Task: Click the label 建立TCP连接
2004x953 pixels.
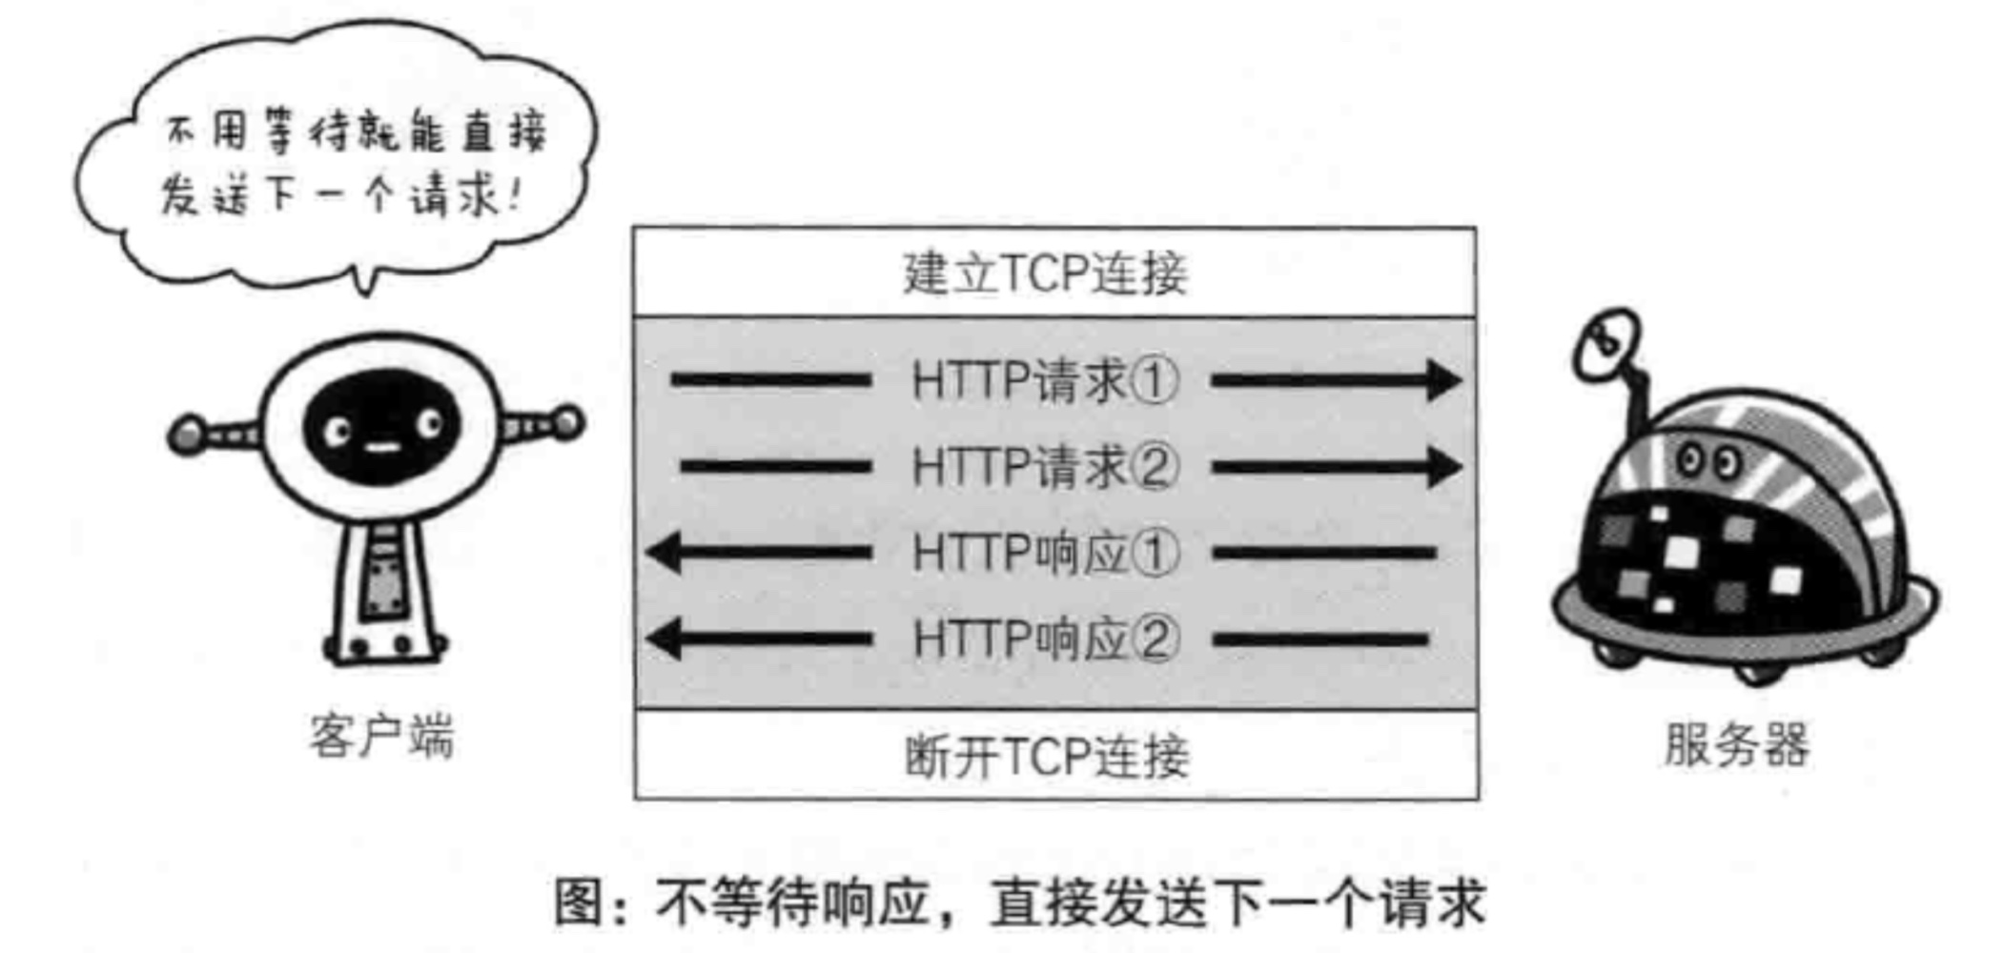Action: (1046, 274)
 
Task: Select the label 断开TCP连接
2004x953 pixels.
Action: (1047, 758)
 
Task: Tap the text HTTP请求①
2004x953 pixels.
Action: (1045, 381)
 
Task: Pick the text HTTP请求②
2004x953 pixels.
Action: (1045, 467)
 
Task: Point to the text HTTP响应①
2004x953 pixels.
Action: (1045, 553)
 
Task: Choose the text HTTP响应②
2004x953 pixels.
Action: (1045, 639)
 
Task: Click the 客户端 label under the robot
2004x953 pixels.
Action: (381, 737)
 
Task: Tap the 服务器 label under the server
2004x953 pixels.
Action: (1736, 745)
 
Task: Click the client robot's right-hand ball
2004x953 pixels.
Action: (569, 421)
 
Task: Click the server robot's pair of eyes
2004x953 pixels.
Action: (1707, 462)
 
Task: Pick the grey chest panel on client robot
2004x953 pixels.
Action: (385, 586)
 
